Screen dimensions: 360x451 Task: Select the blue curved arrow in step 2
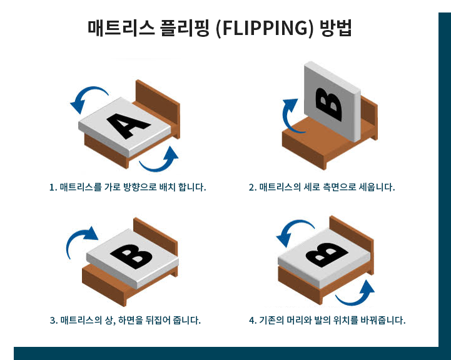tap(288, 115)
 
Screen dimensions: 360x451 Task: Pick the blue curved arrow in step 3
tap(81, 240)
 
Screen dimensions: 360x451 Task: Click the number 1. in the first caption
tap(53, 187)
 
